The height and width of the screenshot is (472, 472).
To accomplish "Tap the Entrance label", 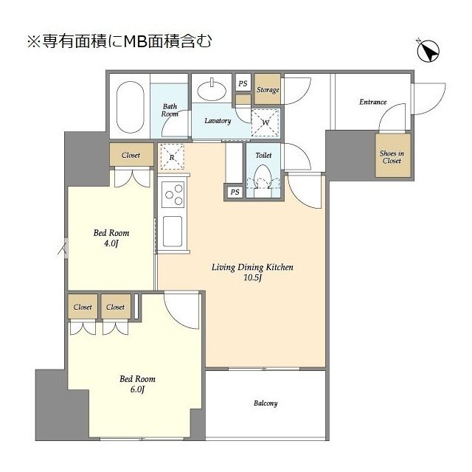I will click(x=372, y=102).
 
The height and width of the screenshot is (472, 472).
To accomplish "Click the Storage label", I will click(x=267, y=90).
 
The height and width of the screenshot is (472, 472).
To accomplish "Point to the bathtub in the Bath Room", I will click(x=131, y=106).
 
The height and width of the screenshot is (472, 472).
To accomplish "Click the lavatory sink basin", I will click(x=212, y=90).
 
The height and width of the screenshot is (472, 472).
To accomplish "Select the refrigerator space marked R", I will click(x=172, y=156).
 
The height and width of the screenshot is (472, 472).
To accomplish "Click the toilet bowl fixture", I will click(x=263, y=178).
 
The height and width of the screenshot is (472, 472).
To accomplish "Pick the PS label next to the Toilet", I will click(x=235, y=192).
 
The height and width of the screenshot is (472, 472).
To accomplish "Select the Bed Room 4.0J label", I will click(x=108, y=238).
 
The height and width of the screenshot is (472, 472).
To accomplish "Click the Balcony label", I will click(x=265, y=403).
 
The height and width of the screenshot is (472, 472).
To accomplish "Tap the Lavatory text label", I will click(x=218, y=121).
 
